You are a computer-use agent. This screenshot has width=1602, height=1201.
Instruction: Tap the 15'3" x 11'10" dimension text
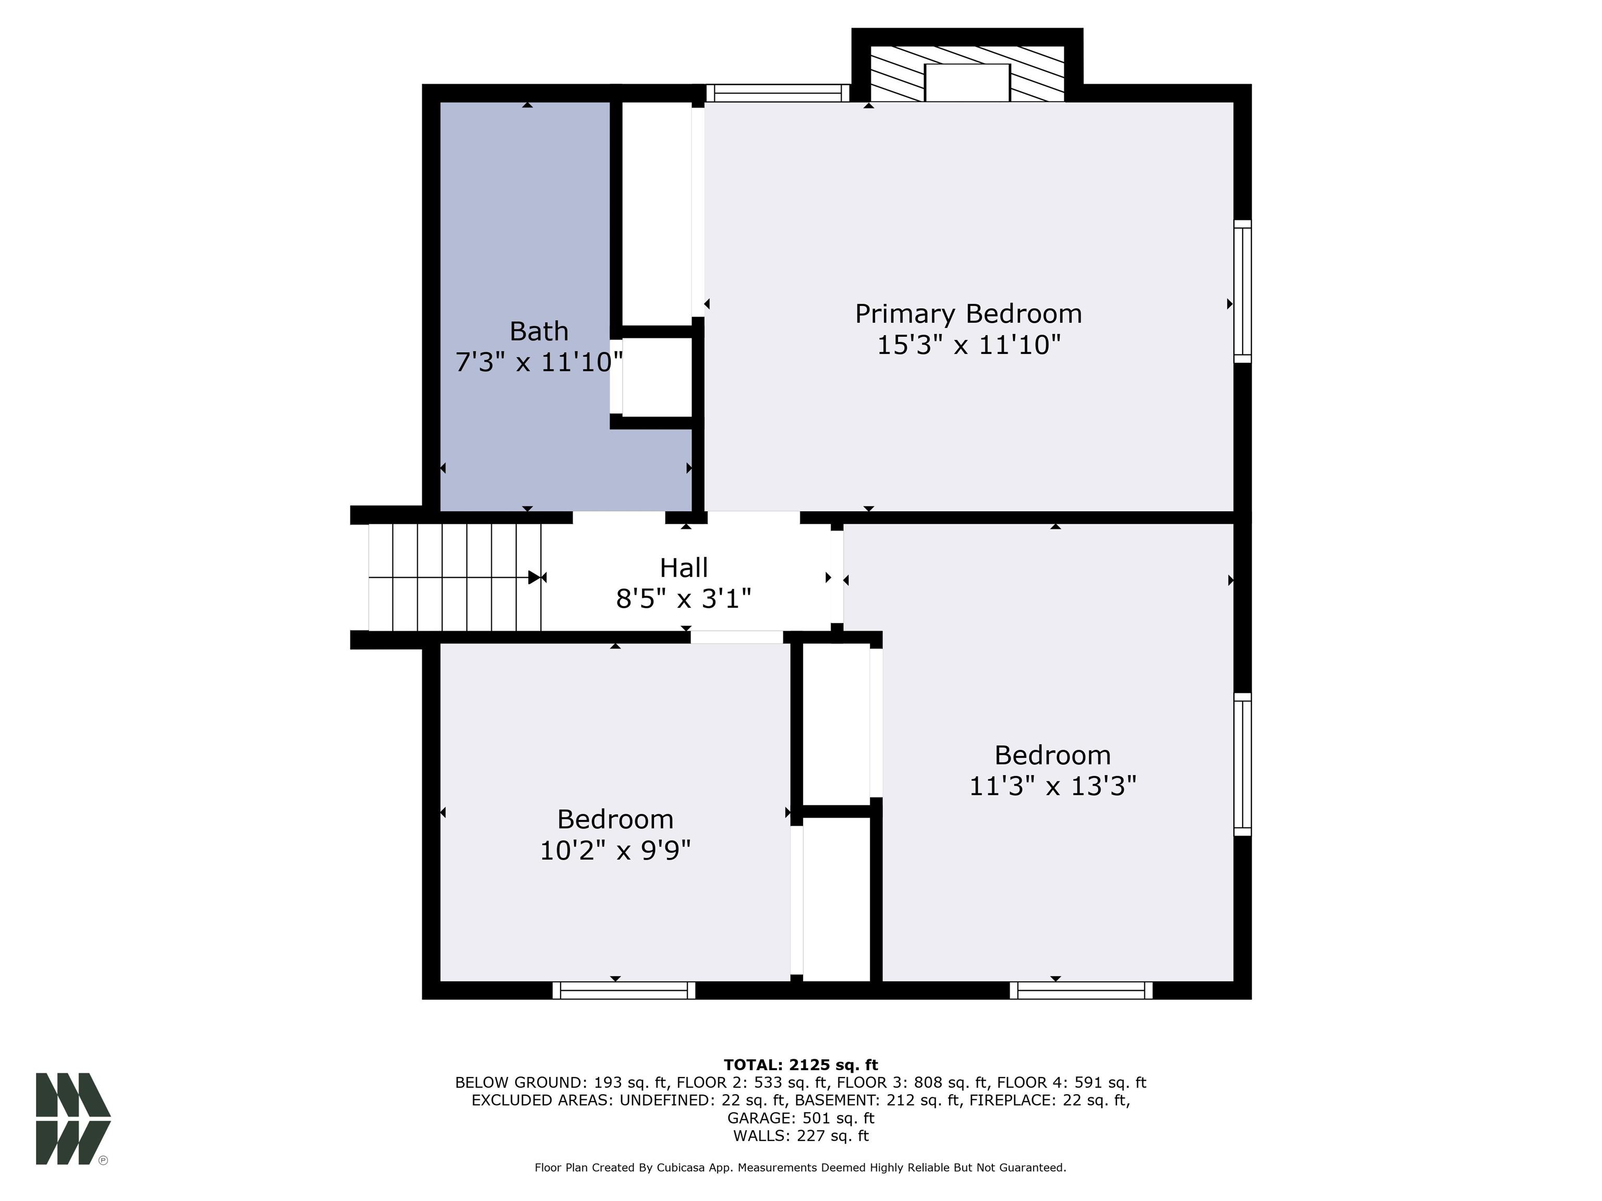click(x=968, y=345)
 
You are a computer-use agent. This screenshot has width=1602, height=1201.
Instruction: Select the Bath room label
click(x=539, y=332)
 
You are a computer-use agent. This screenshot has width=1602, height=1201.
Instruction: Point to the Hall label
click(x=684, y=568)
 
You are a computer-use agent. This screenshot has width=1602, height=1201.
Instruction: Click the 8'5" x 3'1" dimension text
click(x=684, y=599)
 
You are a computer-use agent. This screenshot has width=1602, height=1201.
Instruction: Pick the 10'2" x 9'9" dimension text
click(x=615, y=850)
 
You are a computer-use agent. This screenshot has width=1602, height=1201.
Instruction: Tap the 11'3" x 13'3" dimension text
click(x=1053, y=786)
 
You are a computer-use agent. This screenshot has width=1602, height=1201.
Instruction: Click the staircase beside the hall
click(x=455, y=578)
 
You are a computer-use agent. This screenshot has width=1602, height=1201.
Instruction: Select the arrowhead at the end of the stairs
click(x=535, y=578)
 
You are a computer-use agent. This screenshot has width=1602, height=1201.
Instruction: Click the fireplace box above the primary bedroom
click(x=967, y=82)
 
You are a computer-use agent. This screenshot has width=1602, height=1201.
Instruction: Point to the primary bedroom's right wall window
click(x=1243, y=291)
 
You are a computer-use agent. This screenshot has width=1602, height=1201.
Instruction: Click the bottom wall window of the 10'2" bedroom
click(x=624, y=990)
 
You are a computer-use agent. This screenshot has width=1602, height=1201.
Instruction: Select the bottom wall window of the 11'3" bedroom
click(x=1081, y=990)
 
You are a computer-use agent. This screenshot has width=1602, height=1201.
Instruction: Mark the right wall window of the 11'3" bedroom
click(x=1243, y=765)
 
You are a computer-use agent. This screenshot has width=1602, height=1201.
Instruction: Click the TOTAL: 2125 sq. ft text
click(x=801, y=1065)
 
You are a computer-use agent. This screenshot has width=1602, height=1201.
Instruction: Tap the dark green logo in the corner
click(x=73, y=1119)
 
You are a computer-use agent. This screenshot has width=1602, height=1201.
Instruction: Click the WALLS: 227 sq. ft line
click(x=801, y=1136)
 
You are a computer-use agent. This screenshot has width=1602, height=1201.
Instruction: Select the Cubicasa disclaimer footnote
click(x=800, y=1168)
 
